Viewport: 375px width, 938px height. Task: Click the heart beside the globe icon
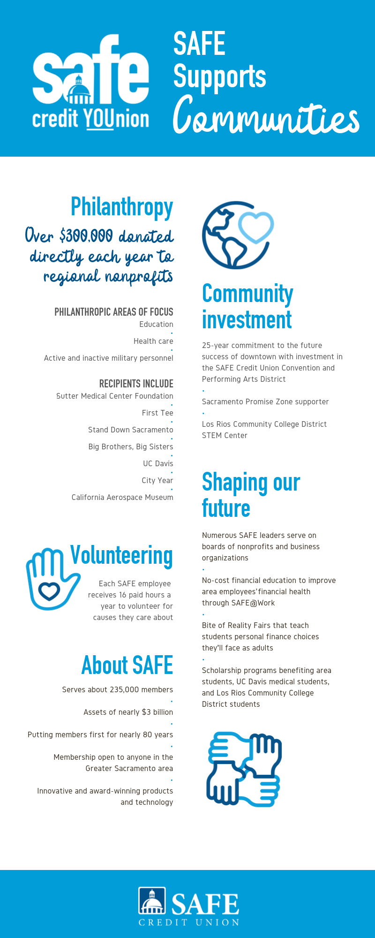[x=255, y=227]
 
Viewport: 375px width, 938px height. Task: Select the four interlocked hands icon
[x=244, y=769]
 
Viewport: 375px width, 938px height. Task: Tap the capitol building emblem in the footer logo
[x=152, y=901]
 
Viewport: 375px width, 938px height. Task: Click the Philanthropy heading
[x=122, y=207]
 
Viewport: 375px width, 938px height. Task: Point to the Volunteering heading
[x=121, y=555]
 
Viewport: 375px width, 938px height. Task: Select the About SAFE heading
[x=127, y=665]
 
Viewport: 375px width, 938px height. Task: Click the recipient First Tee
[x=157, y=413]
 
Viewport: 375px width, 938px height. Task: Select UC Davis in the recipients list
[x=158, y=463]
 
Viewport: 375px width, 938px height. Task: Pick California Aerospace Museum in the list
[x=122, y=497]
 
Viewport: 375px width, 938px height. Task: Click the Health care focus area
[x=153, y=341]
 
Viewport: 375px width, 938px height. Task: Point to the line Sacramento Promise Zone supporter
[x=265, y=401]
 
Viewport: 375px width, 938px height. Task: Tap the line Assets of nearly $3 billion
[x=128, y=712]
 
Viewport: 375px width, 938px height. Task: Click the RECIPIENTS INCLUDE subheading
[x=136, y=384]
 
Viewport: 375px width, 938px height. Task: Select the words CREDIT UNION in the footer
[x=189, y=923]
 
